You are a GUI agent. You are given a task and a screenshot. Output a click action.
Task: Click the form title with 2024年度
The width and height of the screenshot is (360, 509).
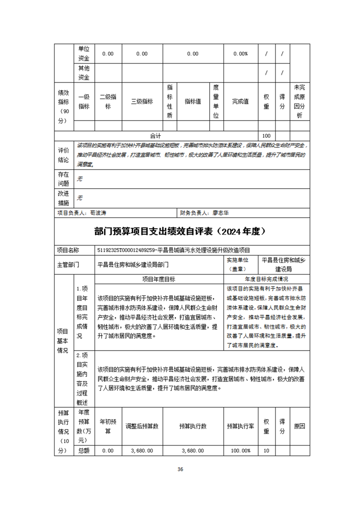tap(180, 231)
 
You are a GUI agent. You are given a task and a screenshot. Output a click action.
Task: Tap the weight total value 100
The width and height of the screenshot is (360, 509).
tap(266, 136)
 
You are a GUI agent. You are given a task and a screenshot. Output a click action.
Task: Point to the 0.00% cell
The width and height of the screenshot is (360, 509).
tap(241, 54)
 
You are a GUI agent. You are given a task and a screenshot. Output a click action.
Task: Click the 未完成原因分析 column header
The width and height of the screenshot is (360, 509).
tap(299, 102)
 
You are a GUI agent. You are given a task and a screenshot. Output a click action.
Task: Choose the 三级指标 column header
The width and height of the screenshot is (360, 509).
tap(142, 102)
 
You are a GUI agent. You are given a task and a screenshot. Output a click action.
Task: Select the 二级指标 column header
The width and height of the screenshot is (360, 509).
tap(108, 102)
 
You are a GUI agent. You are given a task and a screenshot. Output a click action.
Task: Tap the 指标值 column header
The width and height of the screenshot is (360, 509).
tap(192, 102)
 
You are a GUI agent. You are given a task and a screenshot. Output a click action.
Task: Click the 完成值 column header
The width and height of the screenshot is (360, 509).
tap(241, 102)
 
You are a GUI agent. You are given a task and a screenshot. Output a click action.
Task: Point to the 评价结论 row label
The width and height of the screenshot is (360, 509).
tap(63, 155)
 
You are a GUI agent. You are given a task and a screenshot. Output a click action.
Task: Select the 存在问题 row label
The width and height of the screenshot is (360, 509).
tap(63, 179)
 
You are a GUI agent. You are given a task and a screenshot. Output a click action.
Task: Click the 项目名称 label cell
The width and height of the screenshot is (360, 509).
tap(68, 250)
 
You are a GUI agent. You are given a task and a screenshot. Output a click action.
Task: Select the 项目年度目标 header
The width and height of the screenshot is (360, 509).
tap(159, 279)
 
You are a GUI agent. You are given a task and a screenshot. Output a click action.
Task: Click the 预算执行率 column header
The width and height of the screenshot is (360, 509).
tap(241, 426)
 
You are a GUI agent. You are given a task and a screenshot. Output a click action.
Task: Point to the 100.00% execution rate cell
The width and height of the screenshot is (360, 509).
tap(241, 450)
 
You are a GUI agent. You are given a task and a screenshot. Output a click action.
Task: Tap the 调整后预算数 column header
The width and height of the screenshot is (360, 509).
tap(142, 426)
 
